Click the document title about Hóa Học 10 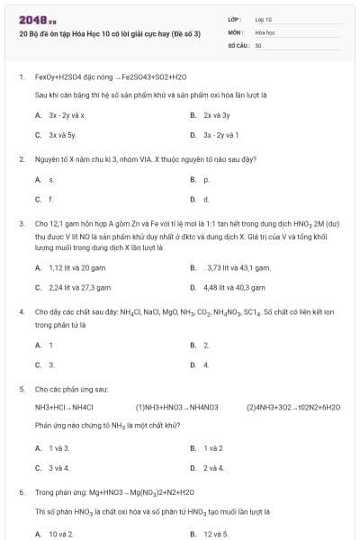(x=109, y=33)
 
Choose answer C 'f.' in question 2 (x=50, y=199)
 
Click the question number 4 (x=21, y=311)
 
